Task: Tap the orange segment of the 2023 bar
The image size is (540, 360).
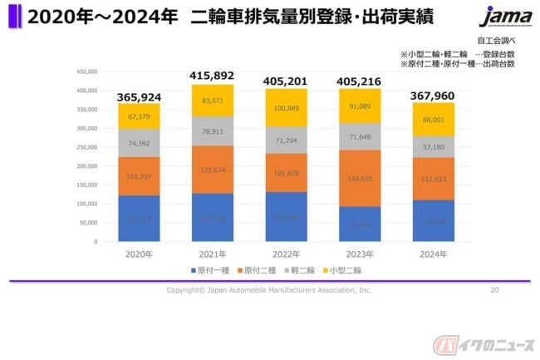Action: (361, 178)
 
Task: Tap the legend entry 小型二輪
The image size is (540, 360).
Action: (343, 269)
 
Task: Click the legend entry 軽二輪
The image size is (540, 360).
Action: (302, 269)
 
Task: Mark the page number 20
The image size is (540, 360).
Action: (494, 290)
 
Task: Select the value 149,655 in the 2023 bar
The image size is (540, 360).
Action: (361, 178)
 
